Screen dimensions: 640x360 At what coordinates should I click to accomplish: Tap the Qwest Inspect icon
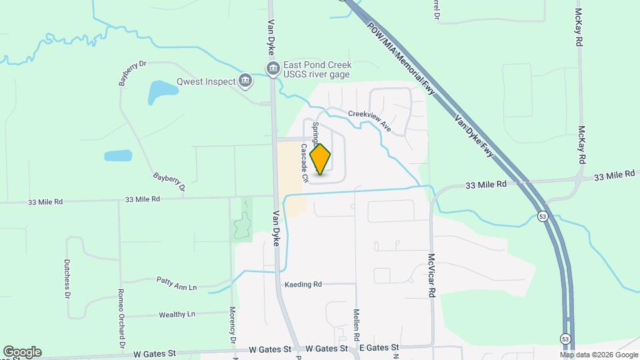pyautogui.click(x=245, y=81)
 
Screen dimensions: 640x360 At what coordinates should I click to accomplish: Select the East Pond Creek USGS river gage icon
pyautogui.click(x=272, y=68)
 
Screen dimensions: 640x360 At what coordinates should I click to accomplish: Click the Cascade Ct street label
pyautogui.click(x=304, y=163)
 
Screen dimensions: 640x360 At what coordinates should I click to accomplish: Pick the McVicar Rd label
pyautogui.click(x=432, y=275)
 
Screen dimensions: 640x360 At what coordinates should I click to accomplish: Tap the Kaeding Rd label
pyautogui.click(x=303, y=285)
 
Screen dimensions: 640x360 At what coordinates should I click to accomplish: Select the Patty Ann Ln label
pyautogui.click(x=177, y=283)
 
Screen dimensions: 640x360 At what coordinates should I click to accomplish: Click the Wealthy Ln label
pyautogui.click(x=177, y=314)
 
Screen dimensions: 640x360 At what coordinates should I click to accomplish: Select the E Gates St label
pyautogui.click(x=379, y=348)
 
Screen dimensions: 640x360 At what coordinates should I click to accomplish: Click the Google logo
pyautogui.click(x=22, y=352)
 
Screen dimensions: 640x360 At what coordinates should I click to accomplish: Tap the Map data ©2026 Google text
pyautogui.click(x=589, y=355)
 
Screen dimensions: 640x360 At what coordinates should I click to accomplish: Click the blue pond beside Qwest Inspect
pyautogui.click(x=159, y=91)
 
